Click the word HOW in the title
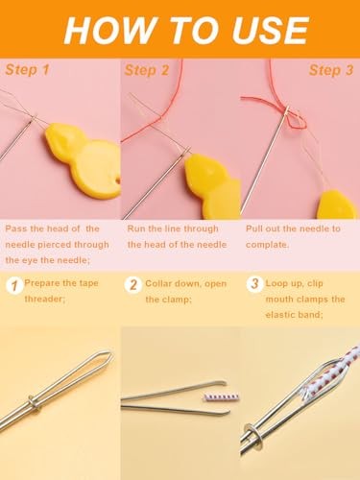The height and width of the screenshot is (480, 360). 103,29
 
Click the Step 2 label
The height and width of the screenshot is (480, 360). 146,70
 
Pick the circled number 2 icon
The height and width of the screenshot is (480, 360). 134,285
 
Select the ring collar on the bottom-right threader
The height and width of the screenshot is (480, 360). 257,433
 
